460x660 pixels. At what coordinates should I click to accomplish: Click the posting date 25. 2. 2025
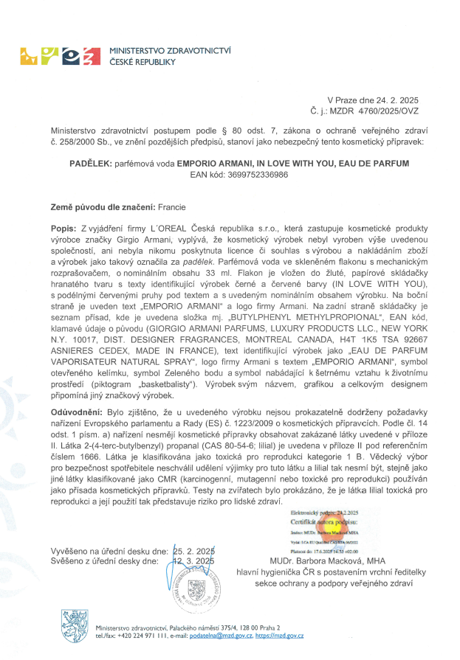(193, 551)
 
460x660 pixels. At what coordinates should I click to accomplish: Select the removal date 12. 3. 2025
(193, 560)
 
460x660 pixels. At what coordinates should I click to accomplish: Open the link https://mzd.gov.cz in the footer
(280, 635)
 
